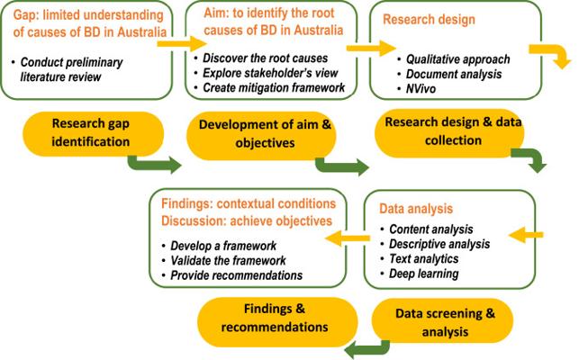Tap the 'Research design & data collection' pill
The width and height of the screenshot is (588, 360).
coord(441,130)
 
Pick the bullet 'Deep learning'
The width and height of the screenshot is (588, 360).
coord(424,273)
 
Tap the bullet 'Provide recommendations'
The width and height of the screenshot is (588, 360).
coord(237,274)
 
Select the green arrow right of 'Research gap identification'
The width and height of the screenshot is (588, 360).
coord(152,163)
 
